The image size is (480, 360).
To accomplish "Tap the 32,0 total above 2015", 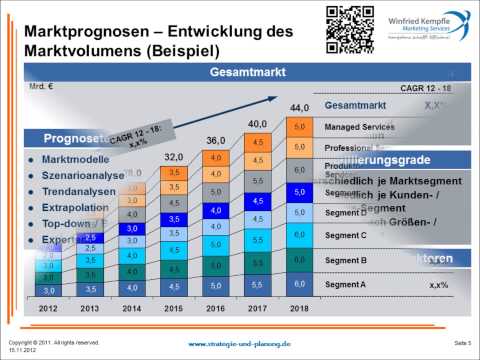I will (175, 156).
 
